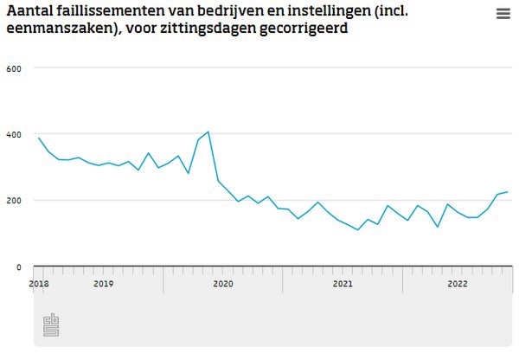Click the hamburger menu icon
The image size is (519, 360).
click(503, 14)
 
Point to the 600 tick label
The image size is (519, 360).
click(15, 67)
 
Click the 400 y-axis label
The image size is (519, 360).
click(15, 134)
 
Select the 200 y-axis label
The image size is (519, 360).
click(15, 201)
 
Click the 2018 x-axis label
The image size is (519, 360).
click(39, 283)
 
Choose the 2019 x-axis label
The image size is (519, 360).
click(103, 283)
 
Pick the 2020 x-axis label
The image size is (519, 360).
click(223, 283)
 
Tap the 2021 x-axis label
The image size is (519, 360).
click(343, 283)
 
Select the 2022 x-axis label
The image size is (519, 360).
click(458, 283)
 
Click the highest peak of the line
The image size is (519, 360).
click(208, 132)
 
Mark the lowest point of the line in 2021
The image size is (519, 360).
click(357, 230)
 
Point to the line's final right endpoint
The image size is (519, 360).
click(508, 191)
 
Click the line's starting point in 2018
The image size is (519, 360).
click(39, 138)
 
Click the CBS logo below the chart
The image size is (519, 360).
click(51, 325)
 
